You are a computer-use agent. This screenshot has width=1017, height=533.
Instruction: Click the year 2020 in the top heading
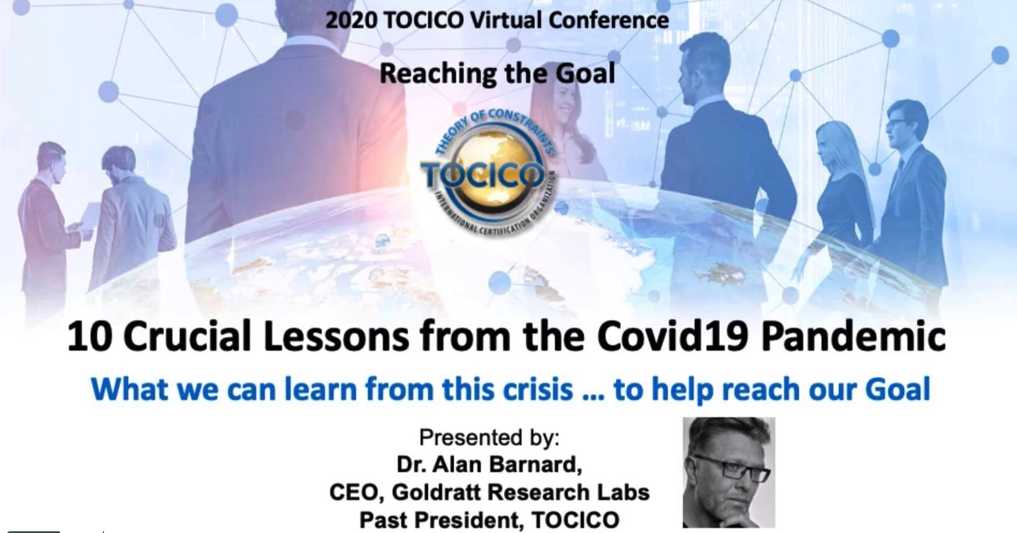click(x=351, y=20)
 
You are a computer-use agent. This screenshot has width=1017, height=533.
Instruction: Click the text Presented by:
click(x=489, y=437)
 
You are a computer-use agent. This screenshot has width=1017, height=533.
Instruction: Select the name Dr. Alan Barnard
click(x=489, y=465)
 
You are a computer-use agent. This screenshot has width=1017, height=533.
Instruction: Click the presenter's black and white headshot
click(x=729, y=472)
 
